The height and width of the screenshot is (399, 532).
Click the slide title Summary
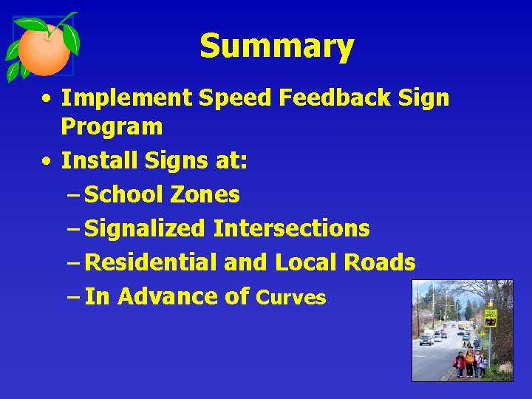pos(276,47)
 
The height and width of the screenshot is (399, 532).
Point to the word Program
pos(112,127)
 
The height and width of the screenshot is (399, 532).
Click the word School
pos(124,194)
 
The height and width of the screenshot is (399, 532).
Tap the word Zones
pos(205,194)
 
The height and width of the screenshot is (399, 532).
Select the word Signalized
pos(145,228)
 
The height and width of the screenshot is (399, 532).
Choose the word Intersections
pos(291,228)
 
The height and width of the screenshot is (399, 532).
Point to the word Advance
pos(168,296)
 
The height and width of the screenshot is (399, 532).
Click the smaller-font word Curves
pos(290,298)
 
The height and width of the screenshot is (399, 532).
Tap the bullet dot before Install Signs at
pos(47,160)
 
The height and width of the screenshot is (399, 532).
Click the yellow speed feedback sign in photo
pos(490,317)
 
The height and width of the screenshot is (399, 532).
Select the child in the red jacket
pos(460,362)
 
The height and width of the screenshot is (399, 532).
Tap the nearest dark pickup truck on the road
pos(427,338)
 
